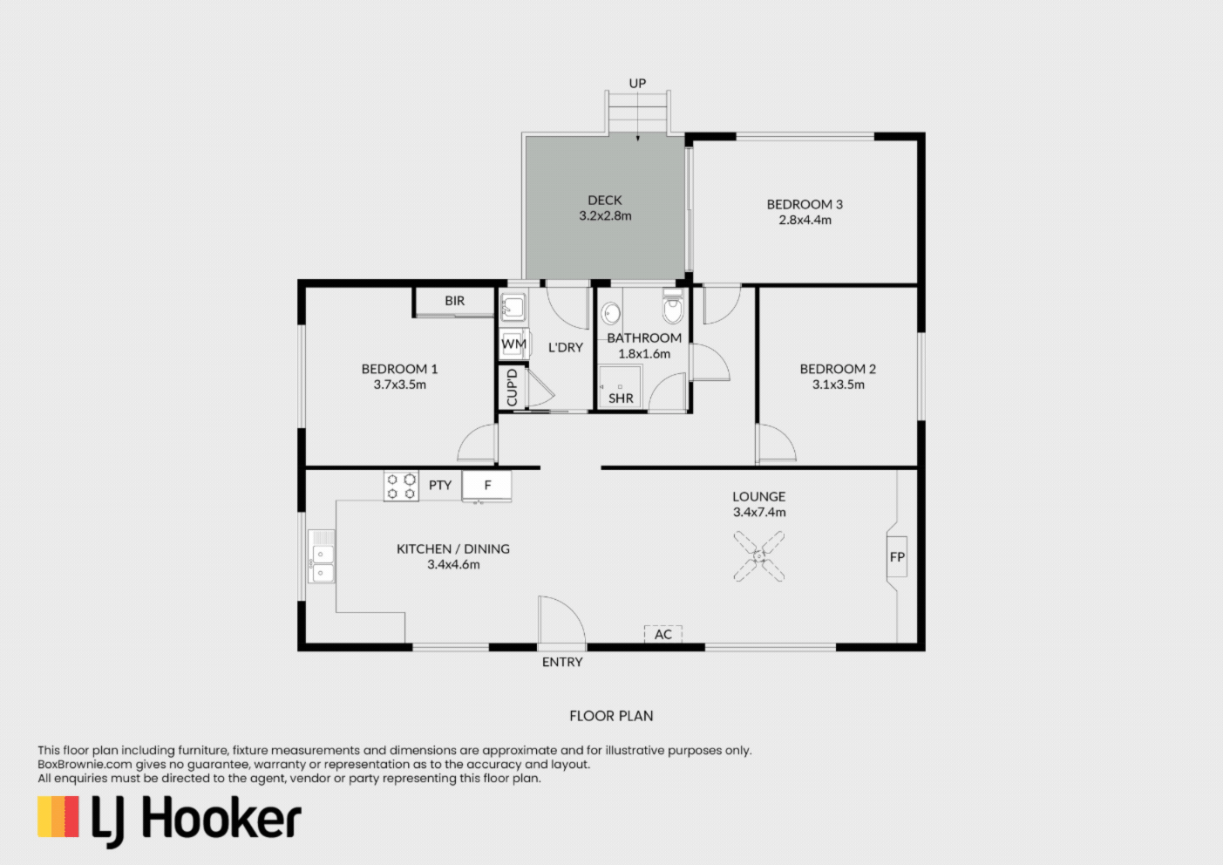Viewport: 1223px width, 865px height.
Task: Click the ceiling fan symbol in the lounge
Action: point(759,556)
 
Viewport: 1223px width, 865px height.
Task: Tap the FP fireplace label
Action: point(897,557)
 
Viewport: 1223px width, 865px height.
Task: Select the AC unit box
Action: point(663,634)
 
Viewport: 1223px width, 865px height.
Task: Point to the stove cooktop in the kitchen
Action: point(401,486)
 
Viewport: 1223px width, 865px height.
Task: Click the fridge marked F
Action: point(487,486)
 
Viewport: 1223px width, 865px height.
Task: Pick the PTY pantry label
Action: point(440,485)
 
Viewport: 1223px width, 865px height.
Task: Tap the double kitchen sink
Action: point(322,556)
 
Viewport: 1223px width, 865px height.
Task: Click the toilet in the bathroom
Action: point(673,307)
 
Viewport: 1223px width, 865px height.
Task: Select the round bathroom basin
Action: point(610,314)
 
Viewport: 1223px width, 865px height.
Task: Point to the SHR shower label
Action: point(621,398)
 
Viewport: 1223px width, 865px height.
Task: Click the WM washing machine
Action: point(513,344)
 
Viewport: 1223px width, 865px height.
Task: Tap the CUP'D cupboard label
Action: point(512,387)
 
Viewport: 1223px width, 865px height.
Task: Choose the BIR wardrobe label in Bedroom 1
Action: point(455,300)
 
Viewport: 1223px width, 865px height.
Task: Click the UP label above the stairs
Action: point(637,83)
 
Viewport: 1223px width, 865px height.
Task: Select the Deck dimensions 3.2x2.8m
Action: point(605,215)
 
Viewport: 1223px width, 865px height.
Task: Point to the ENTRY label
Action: point(562,662)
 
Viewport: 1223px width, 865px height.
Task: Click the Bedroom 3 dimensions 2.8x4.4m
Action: point(805,220)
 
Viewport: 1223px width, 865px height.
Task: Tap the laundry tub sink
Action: point(513,306)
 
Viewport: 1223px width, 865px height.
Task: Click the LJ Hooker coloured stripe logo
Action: point(58,816)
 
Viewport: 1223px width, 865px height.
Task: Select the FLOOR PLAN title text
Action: point(611,716)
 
